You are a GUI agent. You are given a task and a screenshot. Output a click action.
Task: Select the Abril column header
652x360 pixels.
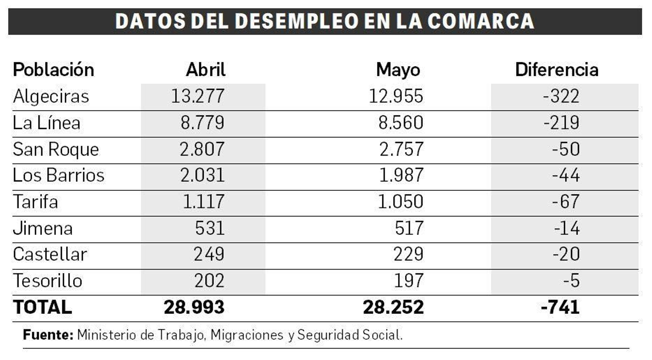pos(206,70)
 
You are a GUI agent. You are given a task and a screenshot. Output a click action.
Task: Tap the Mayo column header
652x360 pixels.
pos(398,70)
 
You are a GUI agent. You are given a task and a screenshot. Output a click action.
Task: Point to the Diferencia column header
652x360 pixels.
pos(557,70)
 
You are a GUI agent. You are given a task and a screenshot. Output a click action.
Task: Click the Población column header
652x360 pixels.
pos(53,70)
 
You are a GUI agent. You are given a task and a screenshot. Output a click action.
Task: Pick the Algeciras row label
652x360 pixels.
pos(51,97)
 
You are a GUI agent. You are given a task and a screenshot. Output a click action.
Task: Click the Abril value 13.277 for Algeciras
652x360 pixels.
pos(198,96)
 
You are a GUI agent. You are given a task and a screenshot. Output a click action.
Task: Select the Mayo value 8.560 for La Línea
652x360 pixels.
pos(401,123)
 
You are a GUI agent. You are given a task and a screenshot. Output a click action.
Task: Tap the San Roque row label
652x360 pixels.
pos(56,149)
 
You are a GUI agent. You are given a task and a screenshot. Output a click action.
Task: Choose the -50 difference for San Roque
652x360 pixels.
pos(566,149)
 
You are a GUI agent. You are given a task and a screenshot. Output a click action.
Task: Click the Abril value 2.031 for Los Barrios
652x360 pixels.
pos(203,175)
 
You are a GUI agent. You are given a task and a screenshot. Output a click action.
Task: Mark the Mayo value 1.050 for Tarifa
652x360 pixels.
pos(401,202)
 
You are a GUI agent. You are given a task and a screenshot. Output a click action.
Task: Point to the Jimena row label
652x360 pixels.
pos(43,228)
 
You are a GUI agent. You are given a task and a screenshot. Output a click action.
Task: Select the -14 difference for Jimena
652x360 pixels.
pos(567,228)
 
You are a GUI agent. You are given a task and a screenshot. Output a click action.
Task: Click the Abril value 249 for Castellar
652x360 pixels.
pos(209,254)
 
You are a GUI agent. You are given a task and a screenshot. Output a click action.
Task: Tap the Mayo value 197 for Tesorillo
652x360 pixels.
pos(409,281)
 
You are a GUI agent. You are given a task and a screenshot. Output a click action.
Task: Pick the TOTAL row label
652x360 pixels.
pos(42,307)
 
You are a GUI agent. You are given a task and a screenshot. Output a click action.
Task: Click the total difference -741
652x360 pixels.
pos(560,307)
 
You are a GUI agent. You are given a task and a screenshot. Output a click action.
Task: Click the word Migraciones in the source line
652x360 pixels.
pos(247,335)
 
